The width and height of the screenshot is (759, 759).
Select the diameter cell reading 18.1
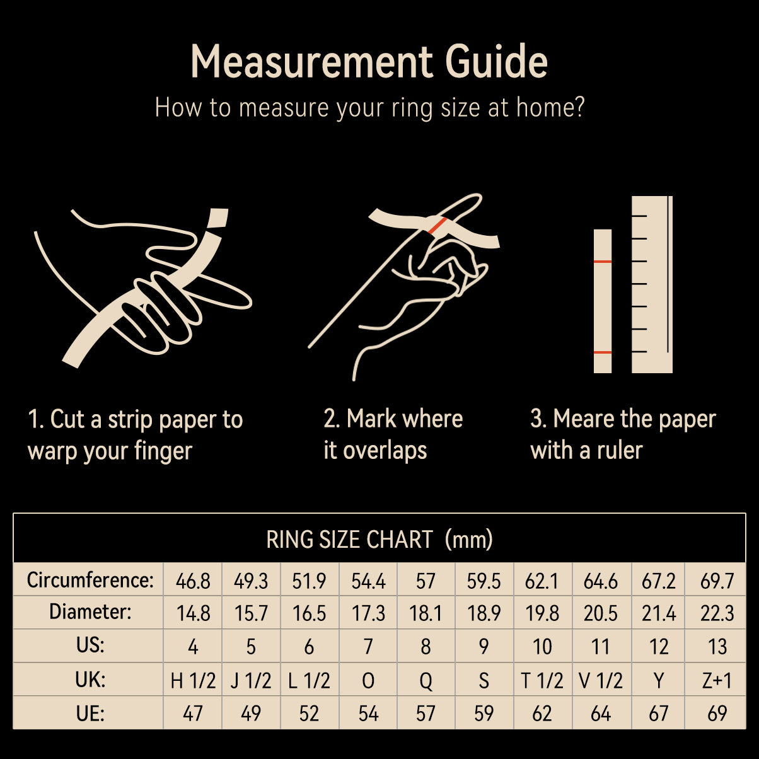click(426, 613)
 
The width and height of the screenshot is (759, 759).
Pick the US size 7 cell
click(368, 647)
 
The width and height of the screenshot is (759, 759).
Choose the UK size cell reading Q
click(426, 680)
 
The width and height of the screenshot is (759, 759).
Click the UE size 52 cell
click(309, 714)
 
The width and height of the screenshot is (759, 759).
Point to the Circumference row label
click(90, 580)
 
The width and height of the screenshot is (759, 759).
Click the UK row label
click(90, 680)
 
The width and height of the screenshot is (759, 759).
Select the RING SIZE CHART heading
click(379, 539)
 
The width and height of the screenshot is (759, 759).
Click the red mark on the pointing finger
click(437, 226)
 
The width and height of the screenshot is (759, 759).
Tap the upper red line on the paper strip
click(603, 262)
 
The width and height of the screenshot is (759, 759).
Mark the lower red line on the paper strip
click(603, 352)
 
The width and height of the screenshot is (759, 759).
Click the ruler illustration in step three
click(652, 284)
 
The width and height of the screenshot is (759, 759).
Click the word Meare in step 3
click(583, 419)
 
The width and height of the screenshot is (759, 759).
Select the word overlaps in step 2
click(385, 451)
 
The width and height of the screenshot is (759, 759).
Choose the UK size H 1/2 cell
click(193, 680)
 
